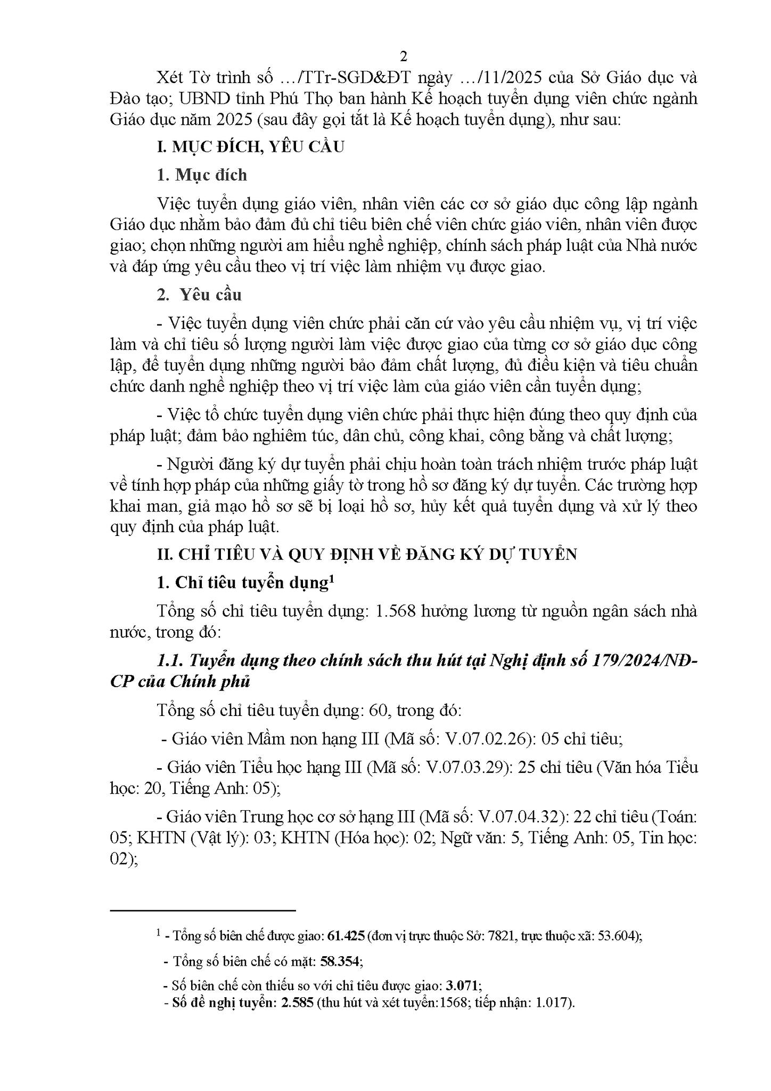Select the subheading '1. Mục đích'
click(x=202, y=175)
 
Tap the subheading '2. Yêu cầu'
click(x=200, y=295)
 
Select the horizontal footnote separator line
click(x=202, y=910)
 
